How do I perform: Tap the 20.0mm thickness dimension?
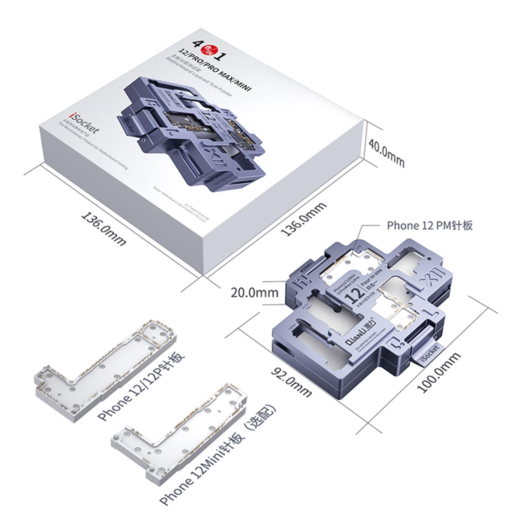254,293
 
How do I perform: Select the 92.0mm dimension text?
291,381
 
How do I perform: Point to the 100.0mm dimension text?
439,373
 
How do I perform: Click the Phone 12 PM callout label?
429,226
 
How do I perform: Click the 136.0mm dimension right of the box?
303,219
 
